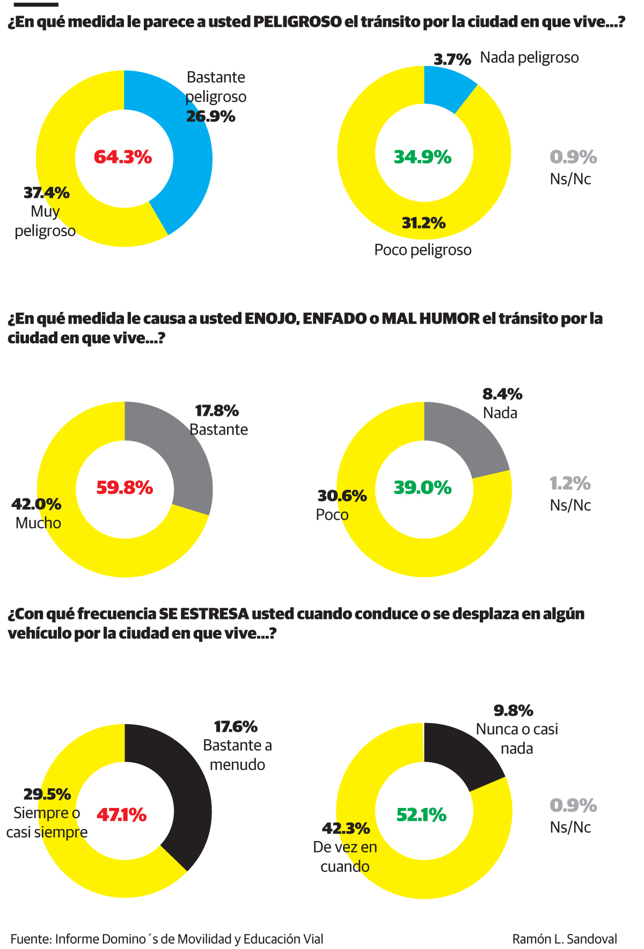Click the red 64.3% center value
(123, 157)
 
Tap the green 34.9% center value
(423, 157)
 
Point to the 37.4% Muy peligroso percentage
(47, 193)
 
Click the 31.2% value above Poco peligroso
(423, 223)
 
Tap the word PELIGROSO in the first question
(297, 22)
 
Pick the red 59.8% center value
(125, 488)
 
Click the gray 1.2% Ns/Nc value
(570, 483)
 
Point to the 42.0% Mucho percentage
(36, 504)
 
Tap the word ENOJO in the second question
(271, 319)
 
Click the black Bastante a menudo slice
(191, 794)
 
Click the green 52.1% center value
(421, 815)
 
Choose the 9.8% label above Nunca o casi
(513, 711)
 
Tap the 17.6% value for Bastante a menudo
(236, 727)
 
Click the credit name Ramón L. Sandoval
(565, 939)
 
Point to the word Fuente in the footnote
(31, 939)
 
